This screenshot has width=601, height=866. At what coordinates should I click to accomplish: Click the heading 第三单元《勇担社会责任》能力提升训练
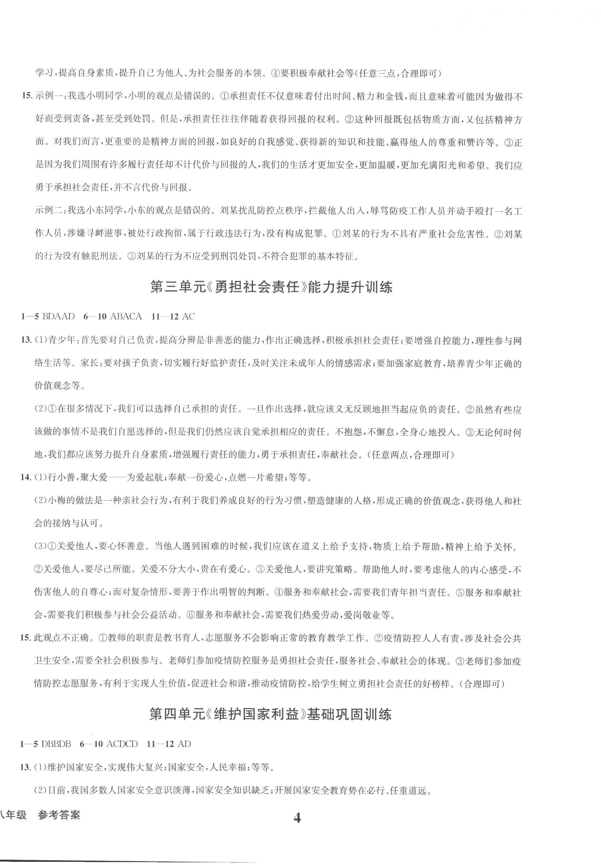point(271,288)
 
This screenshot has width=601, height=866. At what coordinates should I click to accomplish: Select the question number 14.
point(25,478)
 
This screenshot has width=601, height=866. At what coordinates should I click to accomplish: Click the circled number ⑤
point(461,592)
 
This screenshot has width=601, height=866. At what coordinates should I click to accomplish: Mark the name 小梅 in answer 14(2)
point(54,501)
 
